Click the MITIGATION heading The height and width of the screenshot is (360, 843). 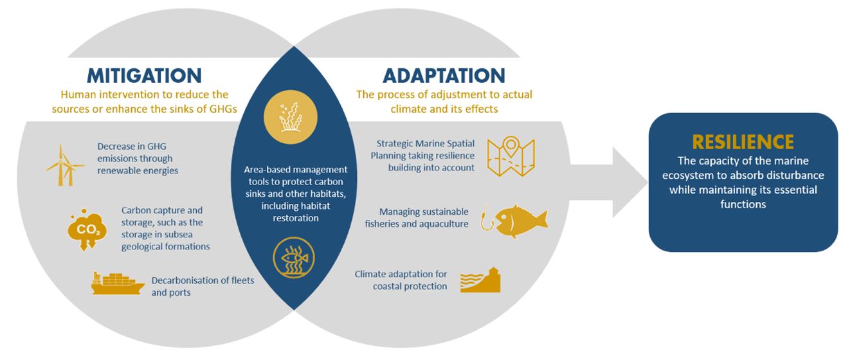145,76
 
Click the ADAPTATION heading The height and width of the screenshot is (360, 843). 444,76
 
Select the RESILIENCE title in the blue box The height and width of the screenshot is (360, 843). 743,142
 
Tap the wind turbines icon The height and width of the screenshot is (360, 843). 66,165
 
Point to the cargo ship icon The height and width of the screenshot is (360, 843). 118,283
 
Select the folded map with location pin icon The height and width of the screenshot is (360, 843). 511,156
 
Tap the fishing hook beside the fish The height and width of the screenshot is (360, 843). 486,217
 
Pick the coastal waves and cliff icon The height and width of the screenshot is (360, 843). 480,280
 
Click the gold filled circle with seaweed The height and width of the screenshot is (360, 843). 291,117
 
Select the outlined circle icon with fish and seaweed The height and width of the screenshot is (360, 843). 294,258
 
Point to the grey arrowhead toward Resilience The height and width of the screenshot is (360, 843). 630,183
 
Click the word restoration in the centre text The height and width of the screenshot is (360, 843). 295,218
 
